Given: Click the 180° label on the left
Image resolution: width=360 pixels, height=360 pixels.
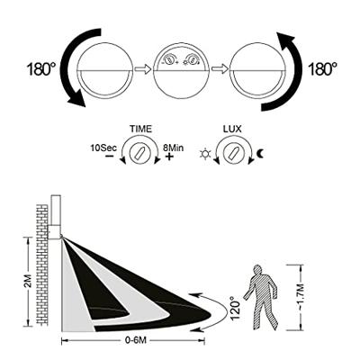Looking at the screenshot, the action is coord(41,69).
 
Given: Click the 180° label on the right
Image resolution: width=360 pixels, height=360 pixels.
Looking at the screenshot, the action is coord(322,69).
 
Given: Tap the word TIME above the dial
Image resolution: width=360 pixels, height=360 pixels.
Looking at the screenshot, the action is coord(140,129).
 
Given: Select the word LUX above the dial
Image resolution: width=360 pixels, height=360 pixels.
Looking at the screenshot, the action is coord(232,129).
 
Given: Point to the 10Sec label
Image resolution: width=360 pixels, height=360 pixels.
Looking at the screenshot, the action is coord(103,148).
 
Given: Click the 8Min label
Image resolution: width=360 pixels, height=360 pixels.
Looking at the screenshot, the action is coord(173,148).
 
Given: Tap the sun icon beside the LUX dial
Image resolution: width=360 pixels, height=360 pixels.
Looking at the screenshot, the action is coord(205,154).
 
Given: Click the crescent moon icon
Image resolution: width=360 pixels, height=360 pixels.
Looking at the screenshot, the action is coord(261,154).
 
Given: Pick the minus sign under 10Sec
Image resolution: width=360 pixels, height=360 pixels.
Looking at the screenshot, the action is coord(110,157).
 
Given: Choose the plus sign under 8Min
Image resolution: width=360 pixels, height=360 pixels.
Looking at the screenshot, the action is coord(169,157).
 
